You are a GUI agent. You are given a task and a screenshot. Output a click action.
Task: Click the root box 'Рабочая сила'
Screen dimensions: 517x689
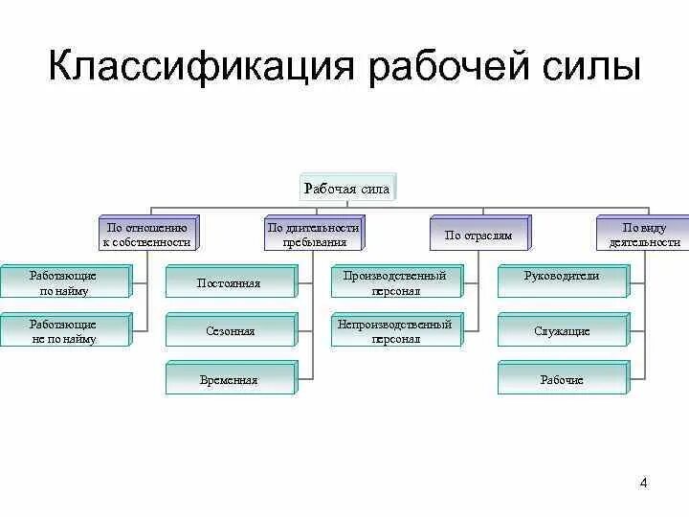coord(346,189)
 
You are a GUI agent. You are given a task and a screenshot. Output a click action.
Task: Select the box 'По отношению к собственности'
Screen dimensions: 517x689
coord(147,235)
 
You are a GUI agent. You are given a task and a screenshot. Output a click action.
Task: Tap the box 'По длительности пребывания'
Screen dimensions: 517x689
coord(313,235)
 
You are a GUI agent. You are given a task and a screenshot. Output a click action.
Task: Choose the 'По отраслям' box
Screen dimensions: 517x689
coord(478,235)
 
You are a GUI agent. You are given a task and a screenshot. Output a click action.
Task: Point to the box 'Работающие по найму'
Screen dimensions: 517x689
coord(63,282)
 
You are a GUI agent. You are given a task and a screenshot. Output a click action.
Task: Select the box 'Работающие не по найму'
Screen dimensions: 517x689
coord(63,331)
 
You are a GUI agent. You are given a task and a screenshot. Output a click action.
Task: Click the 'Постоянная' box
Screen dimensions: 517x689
coord(229,283)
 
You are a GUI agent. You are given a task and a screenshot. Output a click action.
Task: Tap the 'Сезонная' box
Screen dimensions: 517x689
coord(229,331)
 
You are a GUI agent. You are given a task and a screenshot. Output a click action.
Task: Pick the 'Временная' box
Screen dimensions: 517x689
coord(229,379)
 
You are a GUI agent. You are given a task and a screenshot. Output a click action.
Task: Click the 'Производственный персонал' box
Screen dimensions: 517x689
coord(394,282)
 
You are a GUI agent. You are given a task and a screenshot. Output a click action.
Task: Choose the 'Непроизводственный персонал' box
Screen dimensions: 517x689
coord(394,331)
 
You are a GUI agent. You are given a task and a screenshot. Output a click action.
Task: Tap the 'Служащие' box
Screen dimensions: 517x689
coord(562,331)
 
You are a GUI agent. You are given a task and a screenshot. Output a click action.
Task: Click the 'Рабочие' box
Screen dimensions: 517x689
coord(562,379)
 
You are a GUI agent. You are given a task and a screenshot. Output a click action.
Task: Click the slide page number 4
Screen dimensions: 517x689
coord(643,483)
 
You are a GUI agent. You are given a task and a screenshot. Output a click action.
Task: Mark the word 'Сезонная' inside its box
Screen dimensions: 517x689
coord(230,331)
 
